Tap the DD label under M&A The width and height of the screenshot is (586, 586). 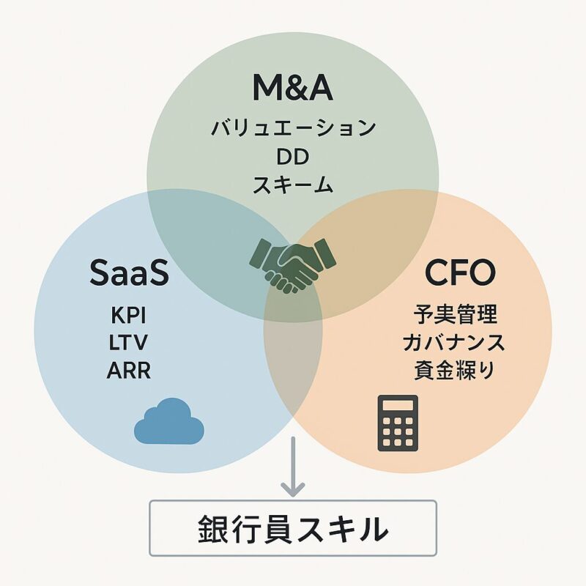293,157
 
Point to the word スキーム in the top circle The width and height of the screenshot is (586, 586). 293,185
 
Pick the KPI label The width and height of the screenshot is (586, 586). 130,316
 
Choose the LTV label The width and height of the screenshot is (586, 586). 130,343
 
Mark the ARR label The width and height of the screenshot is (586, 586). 130,371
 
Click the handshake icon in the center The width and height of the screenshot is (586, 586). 293,262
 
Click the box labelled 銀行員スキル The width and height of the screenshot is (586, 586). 293,527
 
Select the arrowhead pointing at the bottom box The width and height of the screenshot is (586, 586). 293,486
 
